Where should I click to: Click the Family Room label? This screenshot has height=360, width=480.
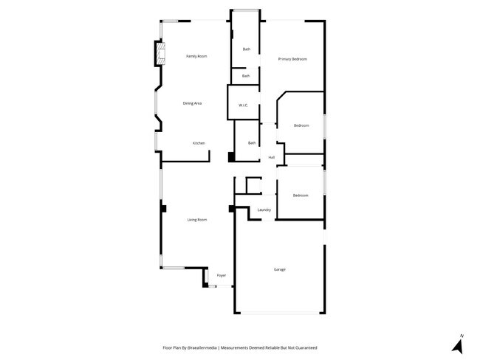coord(196,56)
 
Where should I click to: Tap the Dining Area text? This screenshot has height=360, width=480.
coord(193,103)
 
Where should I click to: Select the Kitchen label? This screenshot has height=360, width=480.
coord(199,143)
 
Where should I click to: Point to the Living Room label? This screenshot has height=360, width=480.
coord(197,220)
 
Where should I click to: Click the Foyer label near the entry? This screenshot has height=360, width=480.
coord(221,276)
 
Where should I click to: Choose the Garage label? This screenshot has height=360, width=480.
coord(279,269)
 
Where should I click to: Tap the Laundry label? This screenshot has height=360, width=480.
coord(264,210)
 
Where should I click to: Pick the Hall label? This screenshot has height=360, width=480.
coord(272,157)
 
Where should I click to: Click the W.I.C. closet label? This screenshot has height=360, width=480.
coord(242,106)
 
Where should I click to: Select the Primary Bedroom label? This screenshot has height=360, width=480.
coord(292,59)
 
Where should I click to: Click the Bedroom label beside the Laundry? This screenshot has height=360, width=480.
coord(300,195)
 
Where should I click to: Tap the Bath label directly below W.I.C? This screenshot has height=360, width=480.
coord(252,143)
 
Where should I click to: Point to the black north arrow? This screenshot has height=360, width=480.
coord(457,347)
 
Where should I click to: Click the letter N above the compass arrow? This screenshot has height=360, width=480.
coord(461,336)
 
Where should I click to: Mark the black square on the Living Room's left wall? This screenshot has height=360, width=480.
coord(163,209)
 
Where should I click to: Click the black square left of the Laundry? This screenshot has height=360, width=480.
coord(232,209)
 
